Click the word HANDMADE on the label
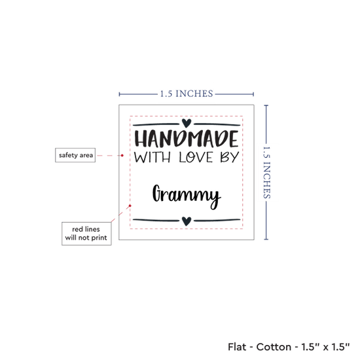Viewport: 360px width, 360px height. (x=187, y=139)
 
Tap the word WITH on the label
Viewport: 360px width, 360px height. (x=153, y=157)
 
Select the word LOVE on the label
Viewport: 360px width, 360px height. (x=196, y=157)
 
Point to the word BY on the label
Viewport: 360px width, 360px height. (x=230, y=157)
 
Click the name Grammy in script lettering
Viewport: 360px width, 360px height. (x=187, y=196)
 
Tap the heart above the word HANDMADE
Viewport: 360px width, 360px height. (x=187, y=123)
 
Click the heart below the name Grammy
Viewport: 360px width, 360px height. (x=187, y=221)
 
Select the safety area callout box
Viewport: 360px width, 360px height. (x=75, y=155)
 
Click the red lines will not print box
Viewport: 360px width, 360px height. (x=86, y=234)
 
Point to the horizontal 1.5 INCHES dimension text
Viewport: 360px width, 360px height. (x=187, y=94)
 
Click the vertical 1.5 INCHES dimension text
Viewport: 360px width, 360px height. (x=266, y=172)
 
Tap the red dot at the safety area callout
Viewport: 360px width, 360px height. (x=122, y=155)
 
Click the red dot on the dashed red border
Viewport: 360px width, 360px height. (x=130, y=206)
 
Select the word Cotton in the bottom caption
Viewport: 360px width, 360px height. (x=274, y=347)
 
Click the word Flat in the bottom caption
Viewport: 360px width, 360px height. (x=236, y=347)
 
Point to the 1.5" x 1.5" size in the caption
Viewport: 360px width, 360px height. (x=325, y=347)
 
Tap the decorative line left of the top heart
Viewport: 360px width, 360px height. (x=156, y=124)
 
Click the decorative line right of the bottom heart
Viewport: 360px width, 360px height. (x=217, y=221)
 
